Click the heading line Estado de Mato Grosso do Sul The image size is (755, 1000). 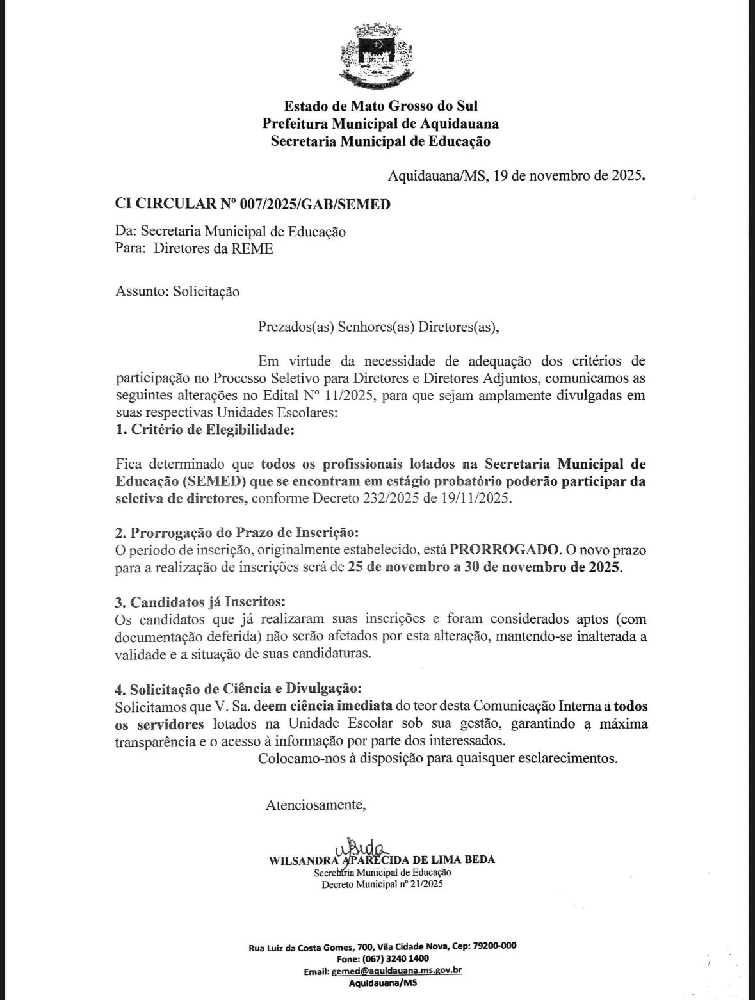click(380, 106)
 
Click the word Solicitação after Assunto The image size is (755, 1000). click(206, 291)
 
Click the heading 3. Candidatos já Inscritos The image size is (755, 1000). click(200, 602)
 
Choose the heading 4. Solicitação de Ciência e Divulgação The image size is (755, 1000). click(238, 690)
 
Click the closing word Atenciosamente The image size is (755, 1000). click(316, 805)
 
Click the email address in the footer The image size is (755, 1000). click(396, 971)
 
